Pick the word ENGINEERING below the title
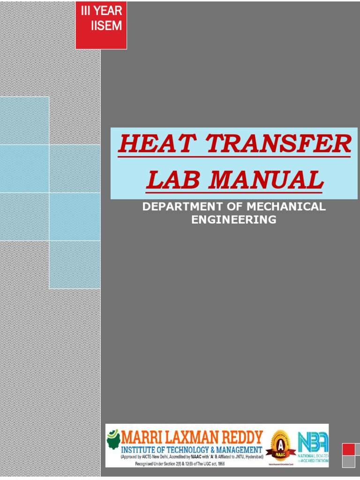click(x=234, y=219)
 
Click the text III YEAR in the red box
click(x=101, y=10)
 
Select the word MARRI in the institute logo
click(x=140, y=438)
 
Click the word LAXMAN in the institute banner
click(x=189, y=438)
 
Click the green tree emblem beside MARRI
click(x=113, y=441)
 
